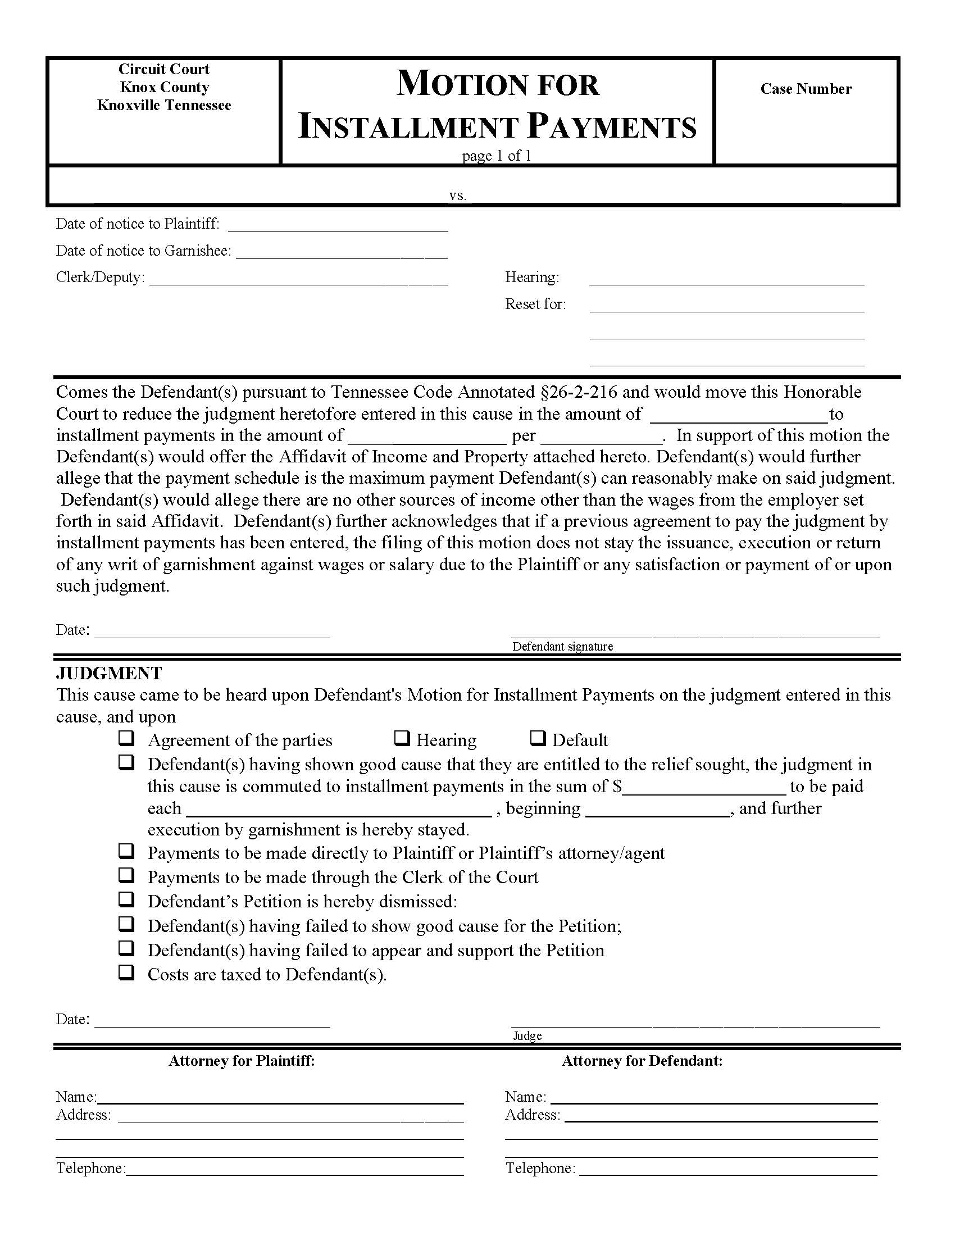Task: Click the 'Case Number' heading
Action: point(805,89)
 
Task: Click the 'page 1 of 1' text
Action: point(496,156)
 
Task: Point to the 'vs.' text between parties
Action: point(457,196)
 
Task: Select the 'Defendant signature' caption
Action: point(562,646)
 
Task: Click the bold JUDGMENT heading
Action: point(108,673)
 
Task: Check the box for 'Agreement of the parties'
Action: point(126,739)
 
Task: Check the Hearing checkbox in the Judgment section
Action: point(402,739)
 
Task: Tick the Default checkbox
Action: point(538,739)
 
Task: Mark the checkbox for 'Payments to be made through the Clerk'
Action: point(126,875)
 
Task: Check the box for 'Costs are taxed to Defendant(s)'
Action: point(126,973)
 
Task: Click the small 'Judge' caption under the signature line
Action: point(527,1035)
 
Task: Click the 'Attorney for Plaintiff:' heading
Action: point(241,1061)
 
